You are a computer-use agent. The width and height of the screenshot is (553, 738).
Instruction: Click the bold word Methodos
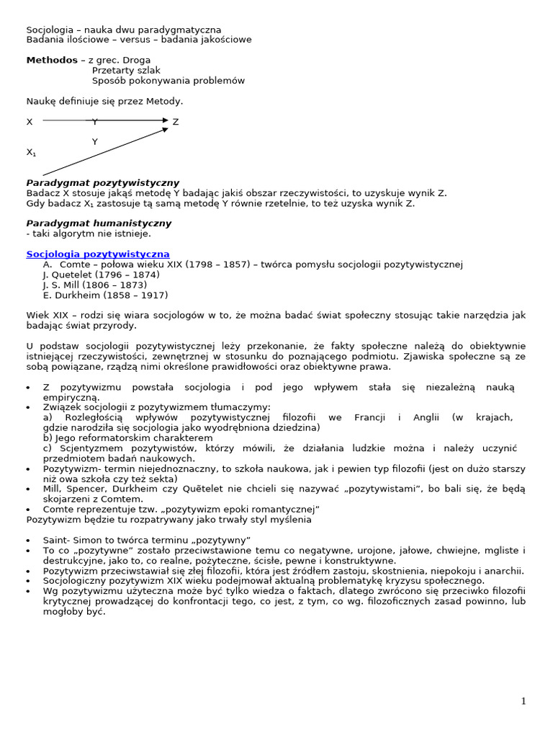pyautogui.click(x=51, y=60)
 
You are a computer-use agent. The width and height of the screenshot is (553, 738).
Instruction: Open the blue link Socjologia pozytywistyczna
pyautogui.click(x=98, y=254)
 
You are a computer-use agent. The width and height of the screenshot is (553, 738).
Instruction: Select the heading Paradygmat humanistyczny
pyautogui.click(x=99, y=223)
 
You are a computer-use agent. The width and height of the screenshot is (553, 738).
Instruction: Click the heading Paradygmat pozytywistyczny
pyautogui.click(x=103, y=183)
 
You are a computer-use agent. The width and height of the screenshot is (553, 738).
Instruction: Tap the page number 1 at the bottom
pyautogui.click(x=523, y=701)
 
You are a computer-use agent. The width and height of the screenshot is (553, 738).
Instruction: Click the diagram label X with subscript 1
pyautogui.click(x=31, y=152)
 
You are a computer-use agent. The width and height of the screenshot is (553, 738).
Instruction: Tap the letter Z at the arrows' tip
pyautogui.click(x=176, y=122)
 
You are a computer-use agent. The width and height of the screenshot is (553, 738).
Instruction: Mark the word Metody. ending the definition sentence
pyautogui.click(x=166, y=102)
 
